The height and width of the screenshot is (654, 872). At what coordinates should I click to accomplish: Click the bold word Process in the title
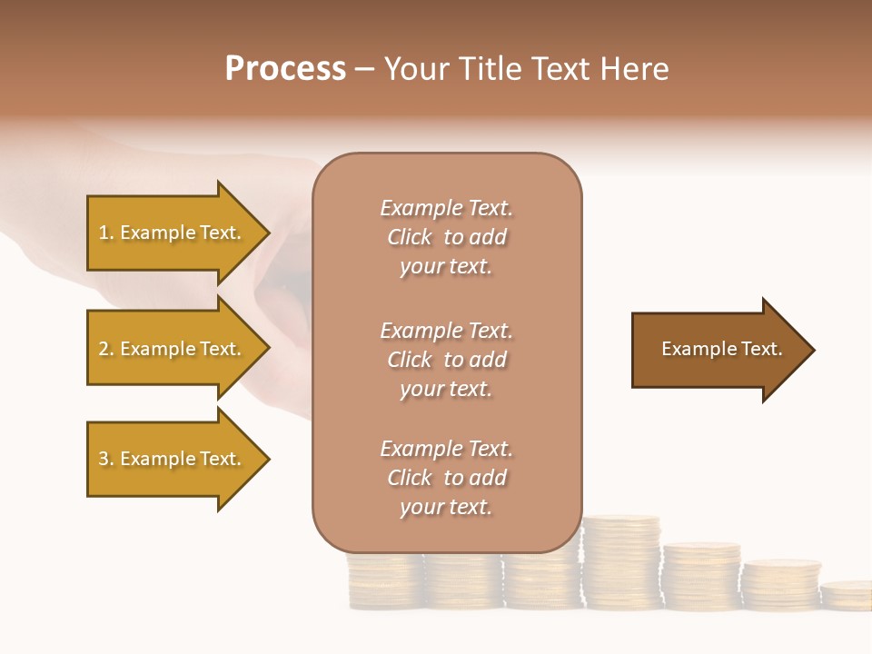click(x=285, y=69)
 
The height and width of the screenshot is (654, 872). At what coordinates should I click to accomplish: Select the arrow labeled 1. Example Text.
click(x=173, y=233)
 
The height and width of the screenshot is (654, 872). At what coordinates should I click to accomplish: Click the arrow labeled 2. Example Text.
click(x=173, y=349)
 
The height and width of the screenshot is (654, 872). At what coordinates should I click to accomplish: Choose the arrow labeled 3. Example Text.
click(x=173, y=459)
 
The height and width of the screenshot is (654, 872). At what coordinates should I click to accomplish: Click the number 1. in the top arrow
click(x=106, y=233)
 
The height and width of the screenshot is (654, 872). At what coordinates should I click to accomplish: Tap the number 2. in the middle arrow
click(x=106, y=350)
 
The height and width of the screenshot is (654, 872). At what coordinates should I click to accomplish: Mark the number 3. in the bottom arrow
click(x=106, y=460)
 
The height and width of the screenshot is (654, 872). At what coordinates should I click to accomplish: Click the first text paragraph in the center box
click(x=446, y=237)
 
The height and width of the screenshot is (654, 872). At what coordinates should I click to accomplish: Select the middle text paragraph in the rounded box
click(x=446, y=360)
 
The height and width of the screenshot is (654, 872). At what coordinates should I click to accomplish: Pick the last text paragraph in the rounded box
click(x=446, y=478)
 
